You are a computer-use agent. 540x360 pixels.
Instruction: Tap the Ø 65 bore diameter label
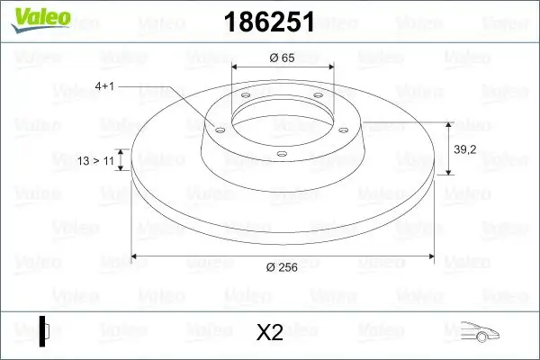[x=283, y=58]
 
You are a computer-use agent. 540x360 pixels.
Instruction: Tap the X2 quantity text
[x=269, y=333]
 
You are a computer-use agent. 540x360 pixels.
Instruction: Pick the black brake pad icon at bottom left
[x=43, y=329]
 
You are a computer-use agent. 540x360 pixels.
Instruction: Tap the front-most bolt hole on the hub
[x=282, y=155]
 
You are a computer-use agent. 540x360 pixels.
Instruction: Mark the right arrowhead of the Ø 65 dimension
[x=329, y=67]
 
